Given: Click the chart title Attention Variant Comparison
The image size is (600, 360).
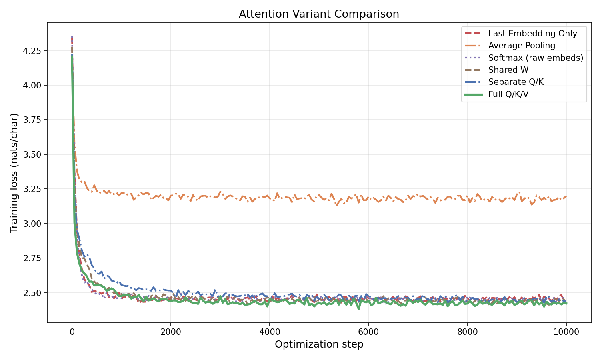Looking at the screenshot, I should click(x=319, y=14).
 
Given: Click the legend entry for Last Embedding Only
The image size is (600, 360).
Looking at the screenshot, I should click(x=532, y=34).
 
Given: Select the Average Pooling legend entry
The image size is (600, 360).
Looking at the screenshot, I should click(x=522, y=46).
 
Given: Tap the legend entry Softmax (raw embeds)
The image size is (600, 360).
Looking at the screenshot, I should click(x=536, y=58).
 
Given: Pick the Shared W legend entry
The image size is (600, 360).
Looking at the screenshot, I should click(x=508, y=70).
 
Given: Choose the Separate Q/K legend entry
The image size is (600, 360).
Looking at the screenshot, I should click(x=516, y=82).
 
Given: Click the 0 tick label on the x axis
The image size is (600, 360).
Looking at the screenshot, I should click(x=72, y=331).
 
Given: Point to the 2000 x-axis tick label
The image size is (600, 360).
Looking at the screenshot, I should click(x=171, y=331).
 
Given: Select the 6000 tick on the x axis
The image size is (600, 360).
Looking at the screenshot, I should click(x=368, y=331).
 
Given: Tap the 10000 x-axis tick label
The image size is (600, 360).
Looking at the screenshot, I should click(x=566, y=331).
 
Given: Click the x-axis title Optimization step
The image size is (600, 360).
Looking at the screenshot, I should click(x=319, y=344).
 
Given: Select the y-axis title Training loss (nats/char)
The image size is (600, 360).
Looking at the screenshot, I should click(x=14, y=173).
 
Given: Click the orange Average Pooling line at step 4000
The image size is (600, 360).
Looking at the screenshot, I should click(x=270, y=197).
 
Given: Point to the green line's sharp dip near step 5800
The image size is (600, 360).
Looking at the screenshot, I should click(x=358, y=308).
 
